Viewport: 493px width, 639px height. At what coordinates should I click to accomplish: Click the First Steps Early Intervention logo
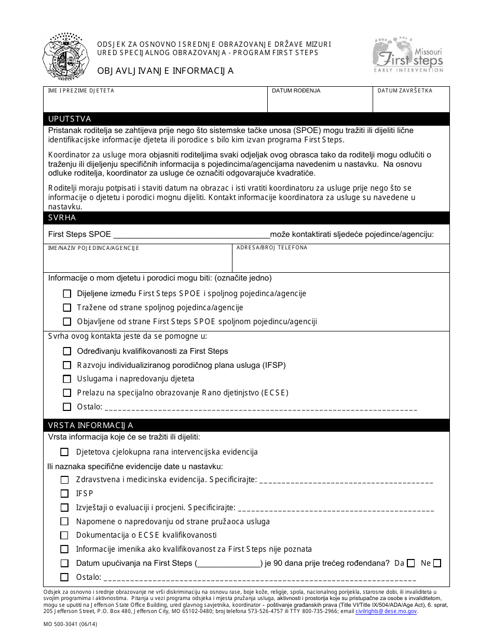click(408, 55)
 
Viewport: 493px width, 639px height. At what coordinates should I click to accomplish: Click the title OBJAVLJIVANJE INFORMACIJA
click(165, 71)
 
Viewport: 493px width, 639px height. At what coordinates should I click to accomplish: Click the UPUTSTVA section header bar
click(246, 119)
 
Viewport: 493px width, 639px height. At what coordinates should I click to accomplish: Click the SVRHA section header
click(246, 218)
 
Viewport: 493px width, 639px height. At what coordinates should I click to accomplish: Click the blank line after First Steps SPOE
click(190, 234)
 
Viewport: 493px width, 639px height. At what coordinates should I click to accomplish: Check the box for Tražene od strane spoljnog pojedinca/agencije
click(67, 308)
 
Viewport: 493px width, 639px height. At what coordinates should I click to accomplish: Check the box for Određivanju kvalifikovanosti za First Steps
click(67, 351)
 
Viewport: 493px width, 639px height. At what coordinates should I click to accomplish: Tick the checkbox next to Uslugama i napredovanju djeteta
click(67, 379)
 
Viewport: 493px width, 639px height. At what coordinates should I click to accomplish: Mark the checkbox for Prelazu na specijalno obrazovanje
click(67, 393)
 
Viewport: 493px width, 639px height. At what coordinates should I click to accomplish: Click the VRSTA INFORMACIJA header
click(246, 425)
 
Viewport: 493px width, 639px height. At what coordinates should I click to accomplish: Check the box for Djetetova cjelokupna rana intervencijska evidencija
click(64, 452)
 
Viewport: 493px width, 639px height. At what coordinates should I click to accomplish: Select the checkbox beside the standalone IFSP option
click(64, 494)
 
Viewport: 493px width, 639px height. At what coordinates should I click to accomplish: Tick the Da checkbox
click(411, 563)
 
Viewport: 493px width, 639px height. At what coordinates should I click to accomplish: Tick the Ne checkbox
click(437, 563)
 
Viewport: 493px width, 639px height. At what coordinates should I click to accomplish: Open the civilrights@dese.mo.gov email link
click(386, 611)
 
